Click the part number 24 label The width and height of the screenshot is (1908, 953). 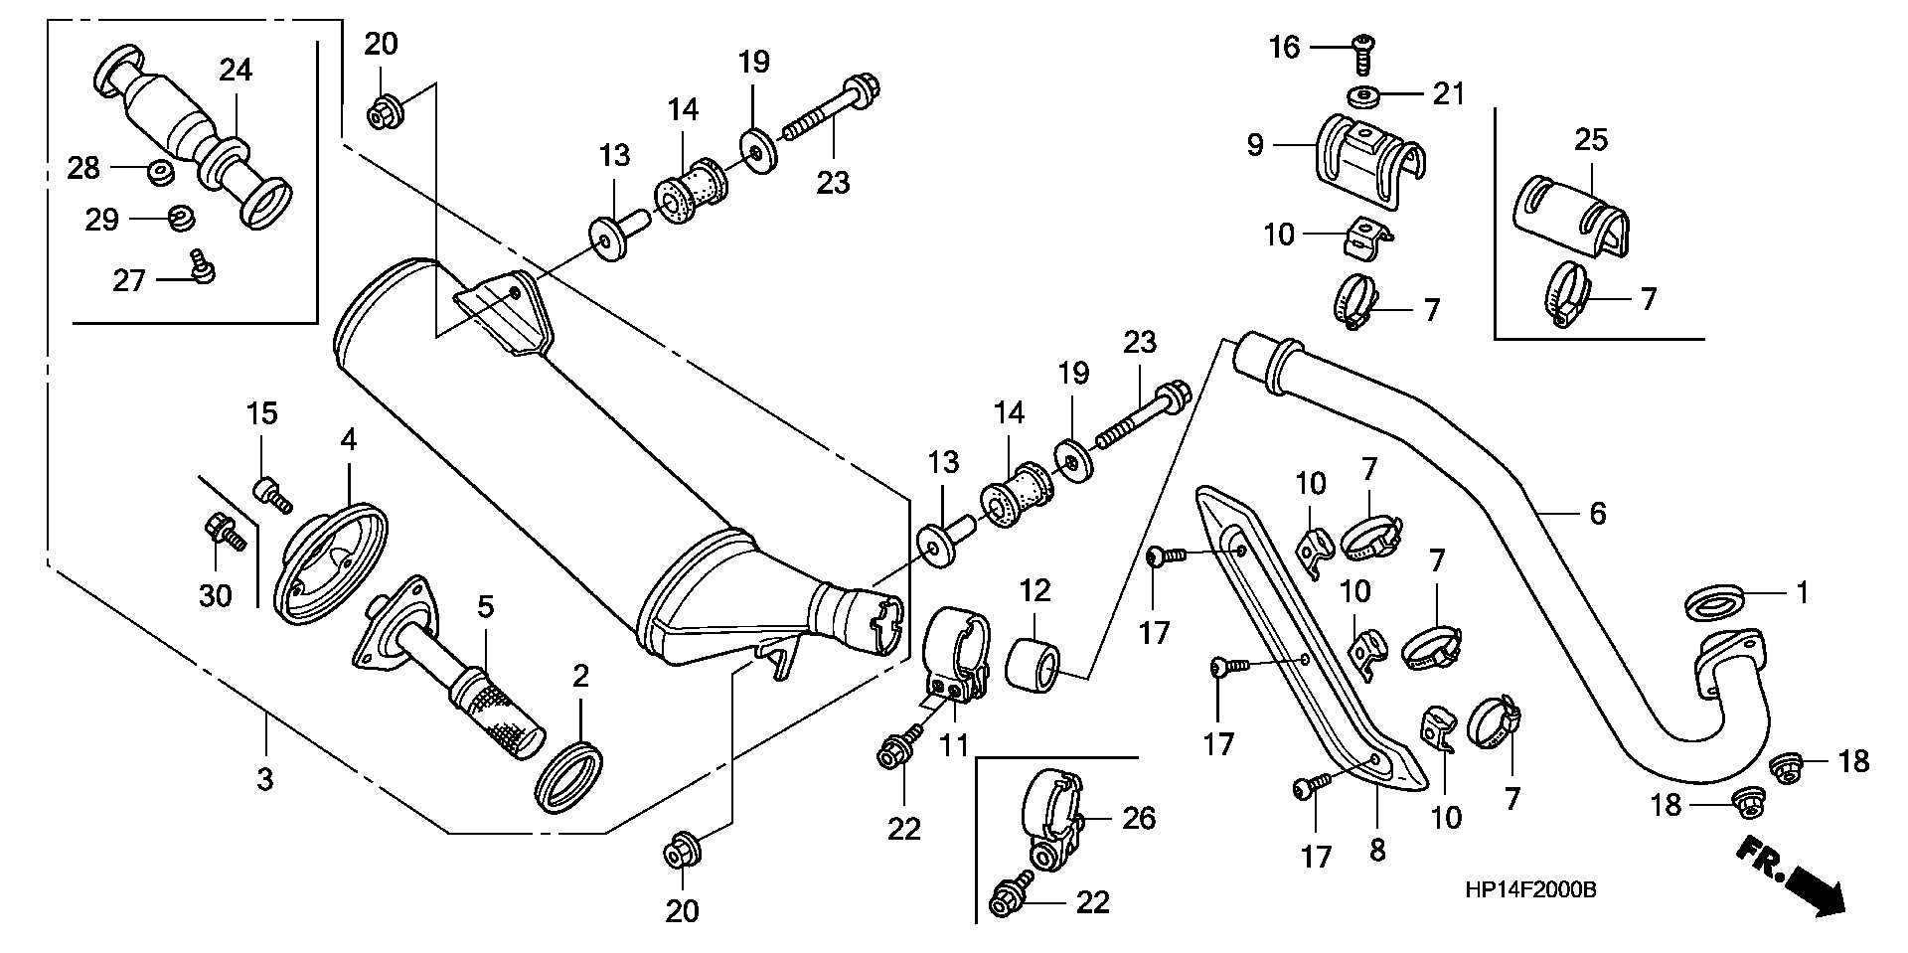click(236, 71)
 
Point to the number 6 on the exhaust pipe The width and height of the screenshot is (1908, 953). click(1597, 514)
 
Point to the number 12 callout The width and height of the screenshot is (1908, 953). click(1034, 592)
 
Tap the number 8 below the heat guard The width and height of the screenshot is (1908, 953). click(1377, 851)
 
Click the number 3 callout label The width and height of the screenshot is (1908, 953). click(264, 780)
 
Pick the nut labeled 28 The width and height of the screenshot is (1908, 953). click(158, 174)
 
